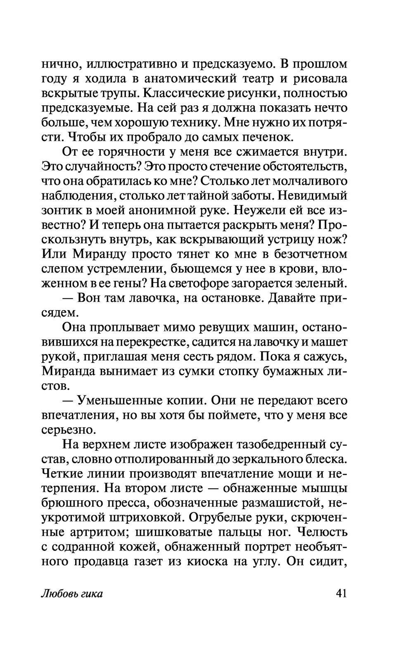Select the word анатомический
(x=181, y=79)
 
